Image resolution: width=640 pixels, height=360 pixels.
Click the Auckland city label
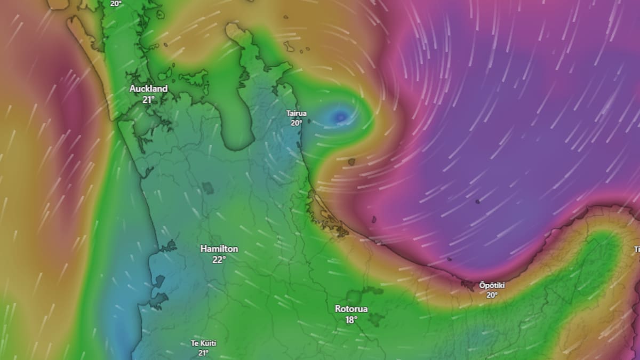pos(148,89)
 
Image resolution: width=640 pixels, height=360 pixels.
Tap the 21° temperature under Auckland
pos(148,100)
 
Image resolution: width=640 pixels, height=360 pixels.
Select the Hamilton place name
pos(219,249)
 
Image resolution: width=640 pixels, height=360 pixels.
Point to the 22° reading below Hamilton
pos(219,260)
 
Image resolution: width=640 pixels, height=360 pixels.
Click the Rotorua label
pos(351,309)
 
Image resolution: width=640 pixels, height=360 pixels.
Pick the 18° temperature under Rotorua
pos(351,320)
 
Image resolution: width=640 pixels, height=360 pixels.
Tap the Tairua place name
pos(297,114)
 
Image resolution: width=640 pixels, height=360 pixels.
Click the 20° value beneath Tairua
pos(297,123)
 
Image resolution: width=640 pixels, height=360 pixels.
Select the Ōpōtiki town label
pos(492,285)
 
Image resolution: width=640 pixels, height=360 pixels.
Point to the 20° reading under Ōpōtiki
pos(492,295)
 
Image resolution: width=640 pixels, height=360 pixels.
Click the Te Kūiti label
pos(203,343)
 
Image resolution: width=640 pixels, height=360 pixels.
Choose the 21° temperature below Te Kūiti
pos(203,353)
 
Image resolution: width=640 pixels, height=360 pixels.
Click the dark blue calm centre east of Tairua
pos(340,116)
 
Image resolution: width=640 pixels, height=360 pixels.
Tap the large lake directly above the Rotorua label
pos(353,296)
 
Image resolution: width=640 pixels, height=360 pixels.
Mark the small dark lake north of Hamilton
pos(207,188)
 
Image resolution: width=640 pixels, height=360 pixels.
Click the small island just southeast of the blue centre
pos(352,162)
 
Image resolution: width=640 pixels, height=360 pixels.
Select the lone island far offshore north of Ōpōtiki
pos(477,202)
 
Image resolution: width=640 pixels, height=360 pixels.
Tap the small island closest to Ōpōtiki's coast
pos(449,260)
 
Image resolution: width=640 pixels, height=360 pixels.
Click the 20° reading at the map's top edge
pos(116,3)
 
